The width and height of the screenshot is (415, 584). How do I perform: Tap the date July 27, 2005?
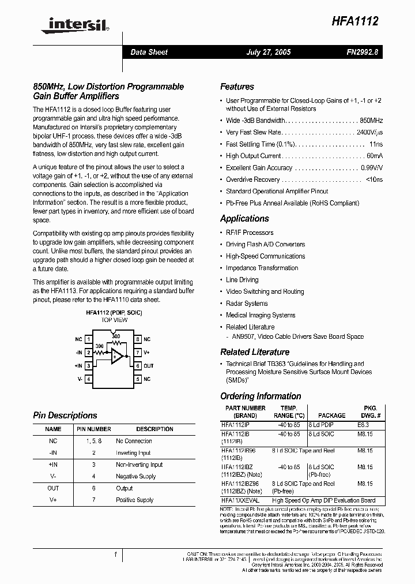(268, 52)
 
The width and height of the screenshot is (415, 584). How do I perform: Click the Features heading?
(237, 87)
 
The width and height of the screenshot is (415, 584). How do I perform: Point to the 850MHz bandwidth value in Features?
(371, 121)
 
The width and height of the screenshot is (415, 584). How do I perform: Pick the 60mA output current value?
(374, 156)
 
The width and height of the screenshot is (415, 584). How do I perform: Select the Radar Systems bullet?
(247, 304)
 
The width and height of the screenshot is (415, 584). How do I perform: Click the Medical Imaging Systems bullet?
(260, 315)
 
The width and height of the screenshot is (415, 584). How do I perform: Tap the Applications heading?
(244, 219)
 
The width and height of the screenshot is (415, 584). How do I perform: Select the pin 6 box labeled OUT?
(138, 366)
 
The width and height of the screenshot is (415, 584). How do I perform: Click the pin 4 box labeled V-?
(89, 379)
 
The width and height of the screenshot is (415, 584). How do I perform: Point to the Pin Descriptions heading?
(65, 415)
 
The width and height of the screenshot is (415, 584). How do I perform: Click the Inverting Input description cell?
(133, 453)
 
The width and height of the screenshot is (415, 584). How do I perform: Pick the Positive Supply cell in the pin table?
(135, 500)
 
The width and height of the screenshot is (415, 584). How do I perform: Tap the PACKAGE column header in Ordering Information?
(332, 415)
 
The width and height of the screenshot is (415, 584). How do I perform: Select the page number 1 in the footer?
(116, 555)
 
